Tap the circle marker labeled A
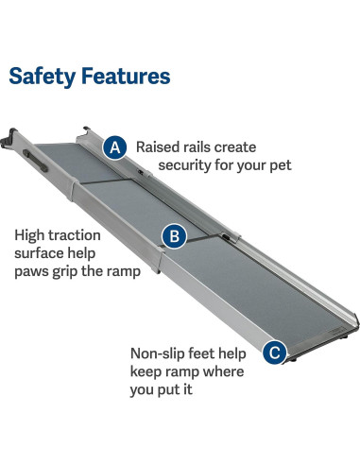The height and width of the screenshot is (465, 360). pos(115,147)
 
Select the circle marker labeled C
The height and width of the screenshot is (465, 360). pos(274,353)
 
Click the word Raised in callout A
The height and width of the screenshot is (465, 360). pos(158,147)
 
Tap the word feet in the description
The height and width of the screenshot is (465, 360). pos(210,353)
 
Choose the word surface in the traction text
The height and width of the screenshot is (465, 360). pos(39,254)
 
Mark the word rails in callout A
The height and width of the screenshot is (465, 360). pos(206,147)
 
